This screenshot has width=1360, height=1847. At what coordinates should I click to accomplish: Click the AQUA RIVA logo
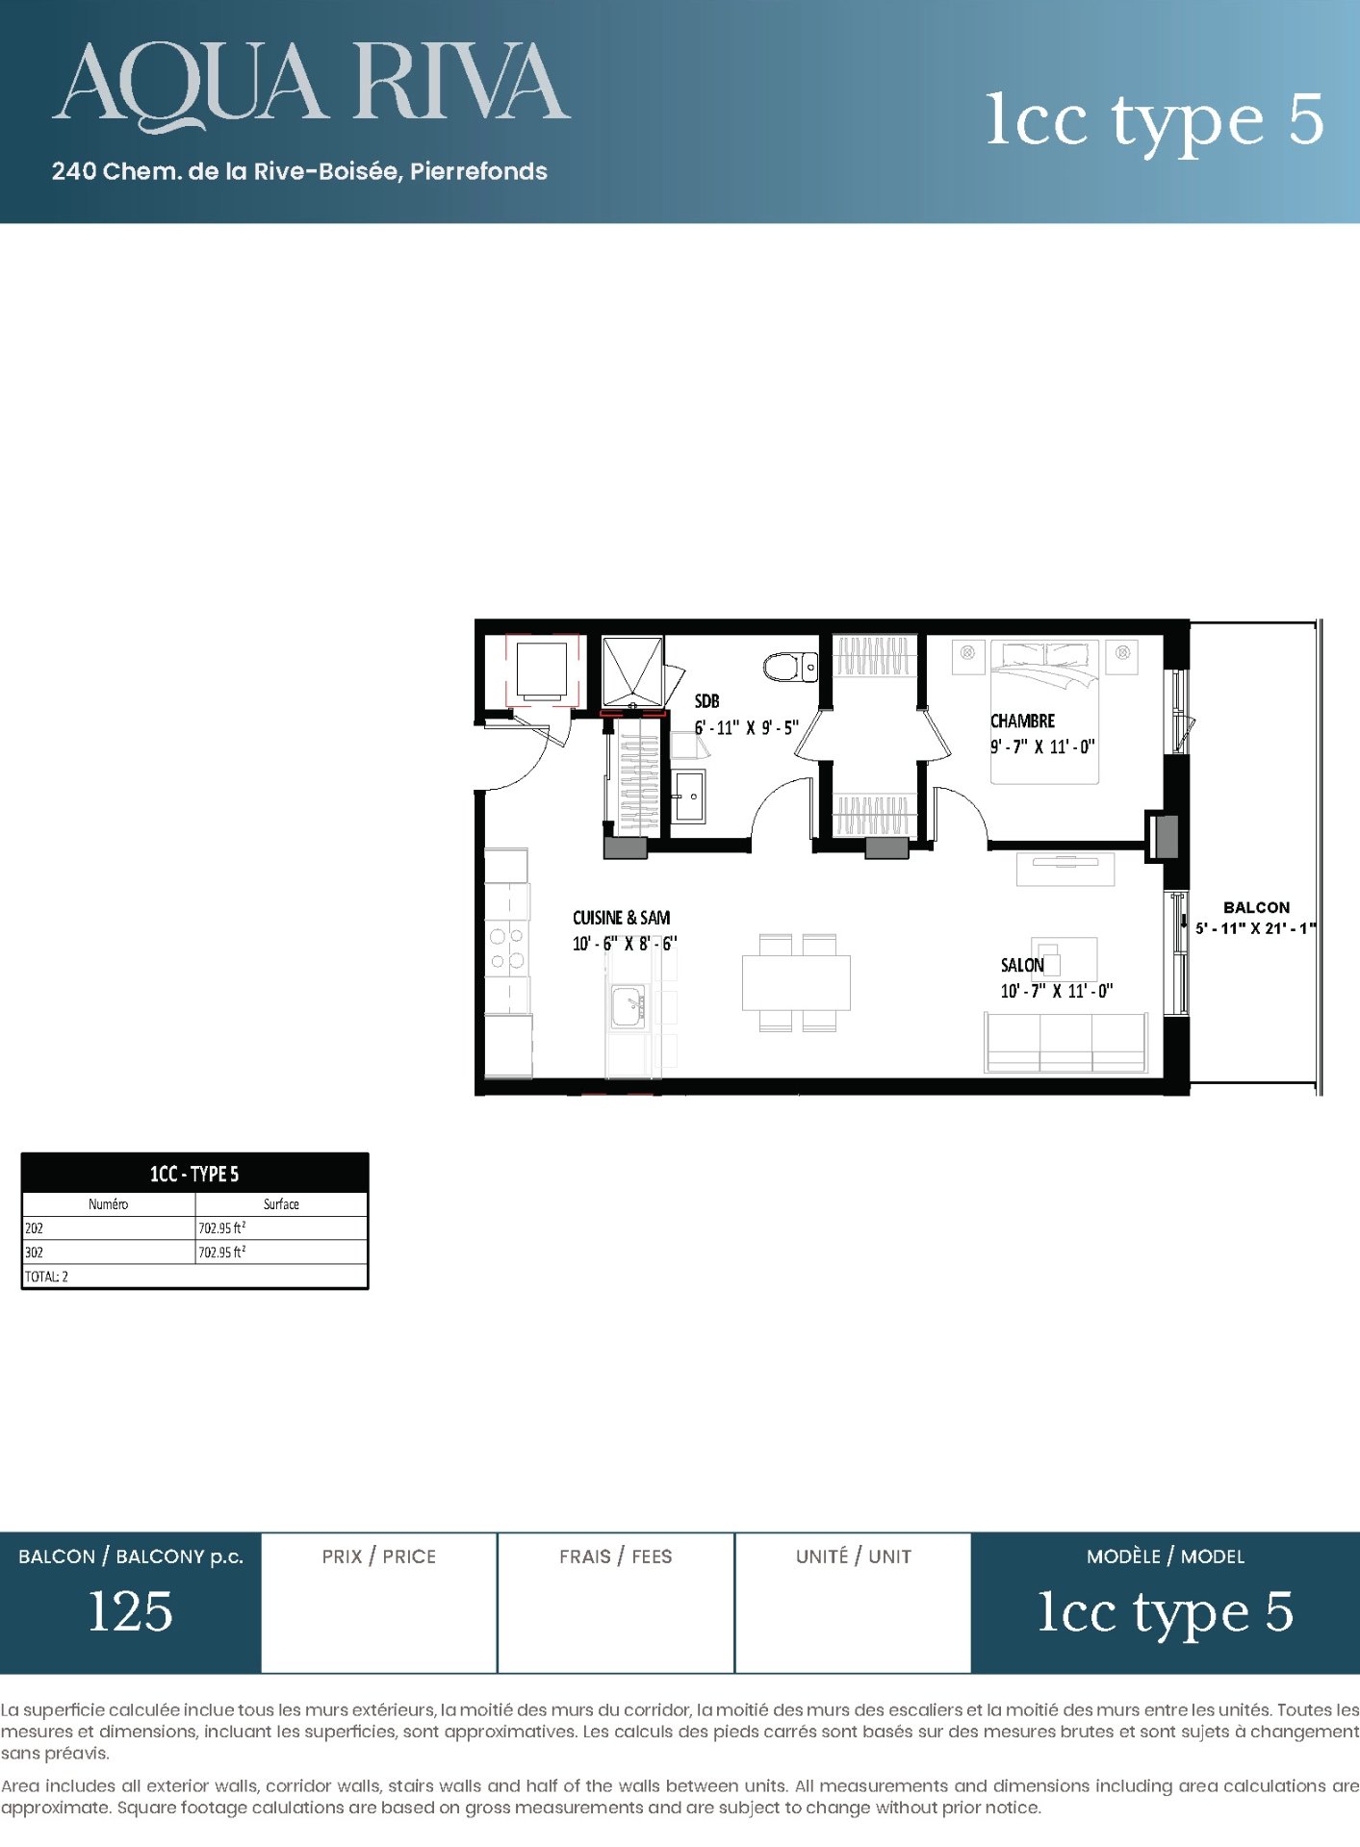[311, 85]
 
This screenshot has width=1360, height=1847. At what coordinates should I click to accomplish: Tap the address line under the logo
[299, 171]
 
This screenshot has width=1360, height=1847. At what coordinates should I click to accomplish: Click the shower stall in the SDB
[632, 671]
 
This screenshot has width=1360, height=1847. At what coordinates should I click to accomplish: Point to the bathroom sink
[688, 796]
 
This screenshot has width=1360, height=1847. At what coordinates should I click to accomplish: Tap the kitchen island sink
[629, 1005]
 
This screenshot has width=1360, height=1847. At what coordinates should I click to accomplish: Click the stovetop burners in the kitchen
[506, 948]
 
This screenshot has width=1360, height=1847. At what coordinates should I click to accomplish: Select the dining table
[796, 982]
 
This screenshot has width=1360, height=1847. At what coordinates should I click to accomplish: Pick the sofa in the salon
[1065, 1042]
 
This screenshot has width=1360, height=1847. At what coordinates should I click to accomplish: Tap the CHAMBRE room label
[1022, 721]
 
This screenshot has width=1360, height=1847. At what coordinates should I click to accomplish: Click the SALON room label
[1022, 965]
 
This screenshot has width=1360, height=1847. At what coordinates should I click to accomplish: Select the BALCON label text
[1256, 907]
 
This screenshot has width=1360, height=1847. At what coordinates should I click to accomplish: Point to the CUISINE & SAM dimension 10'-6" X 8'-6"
[625, 944]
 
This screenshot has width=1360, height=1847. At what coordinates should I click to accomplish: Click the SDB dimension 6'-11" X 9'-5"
[747, 728]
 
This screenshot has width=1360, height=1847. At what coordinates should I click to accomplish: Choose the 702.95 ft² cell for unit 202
[222, 1227]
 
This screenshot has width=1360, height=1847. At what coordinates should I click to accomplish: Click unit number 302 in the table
[34, 1252]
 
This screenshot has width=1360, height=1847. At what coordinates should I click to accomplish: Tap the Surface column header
[281, 1203]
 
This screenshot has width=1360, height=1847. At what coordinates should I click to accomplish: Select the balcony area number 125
[130, 1611]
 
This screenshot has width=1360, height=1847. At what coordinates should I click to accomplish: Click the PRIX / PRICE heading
[379, 1556]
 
